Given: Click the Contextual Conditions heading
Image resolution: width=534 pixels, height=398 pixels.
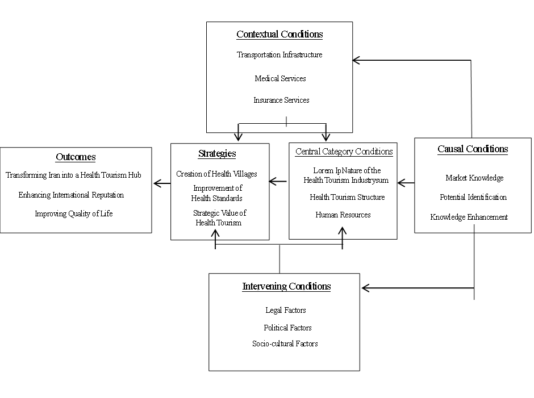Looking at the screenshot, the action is click(x=279, y=34).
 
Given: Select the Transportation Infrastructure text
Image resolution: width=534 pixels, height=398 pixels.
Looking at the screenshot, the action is click(x=279, y=55).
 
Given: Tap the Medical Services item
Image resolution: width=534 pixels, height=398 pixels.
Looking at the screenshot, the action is click(x=280, y=78).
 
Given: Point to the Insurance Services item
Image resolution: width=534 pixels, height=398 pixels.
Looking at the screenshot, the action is click(x=281, y=100).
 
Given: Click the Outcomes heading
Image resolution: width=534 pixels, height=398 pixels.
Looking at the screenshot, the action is click(x=76, y=157).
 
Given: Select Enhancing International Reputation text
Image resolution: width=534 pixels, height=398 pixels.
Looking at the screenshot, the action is click(x=71, y=195).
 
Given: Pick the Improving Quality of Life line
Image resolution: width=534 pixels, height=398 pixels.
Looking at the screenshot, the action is click(x=73, y=213).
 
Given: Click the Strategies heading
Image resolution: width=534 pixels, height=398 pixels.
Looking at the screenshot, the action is click(x=217, y=153).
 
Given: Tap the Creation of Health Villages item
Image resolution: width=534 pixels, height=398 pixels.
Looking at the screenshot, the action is click(x=216, y=174).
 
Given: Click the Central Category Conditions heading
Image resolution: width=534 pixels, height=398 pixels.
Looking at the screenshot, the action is click(x=344, y=152).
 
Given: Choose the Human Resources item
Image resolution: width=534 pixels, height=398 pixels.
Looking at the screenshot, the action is click(x=343, y=215).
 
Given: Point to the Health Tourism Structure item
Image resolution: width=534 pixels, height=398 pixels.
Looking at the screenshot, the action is click(x=347, y=197).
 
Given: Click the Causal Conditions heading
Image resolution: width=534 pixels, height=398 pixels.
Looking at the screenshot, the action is click(x=473, y=149).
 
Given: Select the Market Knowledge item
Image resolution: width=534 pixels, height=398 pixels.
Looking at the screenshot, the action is click(x=474, y=178).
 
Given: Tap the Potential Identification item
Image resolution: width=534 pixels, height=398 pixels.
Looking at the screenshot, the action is click(x=473, y=197).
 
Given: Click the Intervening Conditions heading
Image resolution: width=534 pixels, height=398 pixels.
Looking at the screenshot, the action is click(x=286, y=286).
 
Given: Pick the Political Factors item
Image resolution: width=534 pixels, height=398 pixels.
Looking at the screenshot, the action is click(x=288, y=328).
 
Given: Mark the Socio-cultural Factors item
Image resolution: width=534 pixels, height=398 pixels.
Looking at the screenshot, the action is click(x=285, y=343).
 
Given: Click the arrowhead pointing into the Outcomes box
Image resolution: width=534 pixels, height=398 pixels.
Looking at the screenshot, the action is click(x=157, y=183).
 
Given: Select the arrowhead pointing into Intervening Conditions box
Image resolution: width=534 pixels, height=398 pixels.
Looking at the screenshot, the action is click(x=366, y=288).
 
